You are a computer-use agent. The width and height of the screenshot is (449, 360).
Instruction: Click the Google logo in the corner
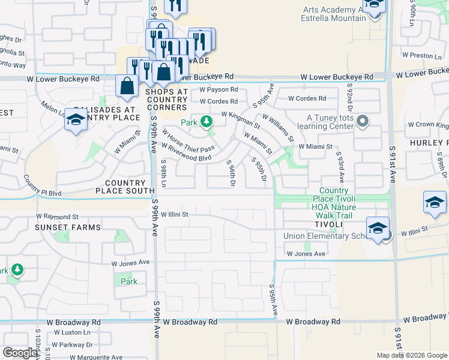(20, 353)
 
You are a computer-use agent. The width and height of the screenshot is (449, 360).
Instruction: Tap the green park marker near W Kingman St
(206, 122)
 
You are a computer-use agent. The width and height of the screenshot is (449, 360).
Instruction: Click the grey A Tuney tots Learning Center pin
(362, 122)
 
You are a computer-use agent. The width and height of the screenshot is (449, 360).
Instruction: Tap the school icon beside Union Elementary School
(378, 229)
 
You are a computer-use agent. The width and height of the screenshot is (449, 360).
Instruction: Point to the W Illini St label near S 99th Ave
(174, 214)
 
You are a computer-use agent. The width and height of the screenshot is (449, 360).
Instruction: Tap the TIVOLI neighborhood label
(327, 224)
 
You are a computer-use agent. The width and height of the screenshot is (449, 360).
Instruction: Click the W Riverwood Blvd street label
(187, 152)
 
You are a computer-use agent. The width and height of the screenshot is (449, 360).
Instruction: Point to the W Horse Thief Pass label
(188, 141)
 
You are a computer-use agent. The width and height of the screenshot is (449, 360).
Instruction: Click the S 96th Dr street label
(230, 172)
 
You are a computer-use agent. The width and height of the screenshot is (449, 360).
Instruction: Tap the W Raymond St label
(57, 216)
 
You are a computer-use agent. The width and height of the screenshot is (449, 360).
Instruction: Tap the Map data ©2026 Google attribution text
(411, 355)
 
